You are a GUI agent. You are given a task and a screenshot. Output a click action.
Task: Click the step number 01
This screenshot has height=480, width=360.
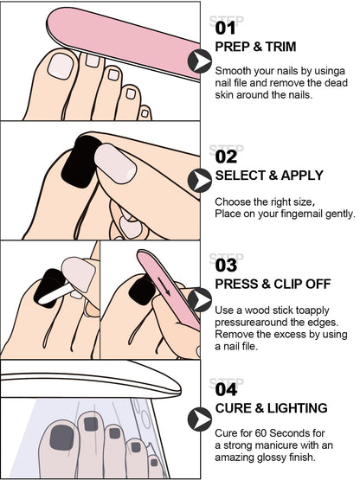225,28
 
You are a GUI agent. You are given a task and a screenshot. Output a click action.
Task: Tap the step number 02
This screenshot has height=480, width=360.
226,157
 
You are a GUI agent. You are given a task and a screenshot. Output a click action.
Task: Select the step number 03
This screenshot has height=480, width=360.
226,266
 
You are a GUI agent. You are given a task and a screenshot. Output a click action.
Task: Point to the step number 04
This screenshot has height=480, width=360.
226,390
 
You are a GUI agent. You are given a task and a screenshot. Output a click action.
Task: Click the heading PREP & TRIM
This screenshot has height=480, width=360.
255,47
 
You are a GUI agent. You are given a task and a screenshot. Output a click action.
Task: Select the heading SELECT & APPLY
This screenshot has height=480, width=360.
269,176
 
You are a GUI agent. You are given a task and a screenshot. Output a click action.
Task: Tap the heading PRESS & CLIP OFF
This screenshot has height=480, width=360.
273,284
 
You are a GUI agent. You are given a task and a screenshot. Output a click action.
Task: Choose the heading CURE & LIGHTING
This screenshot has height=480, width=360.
271,408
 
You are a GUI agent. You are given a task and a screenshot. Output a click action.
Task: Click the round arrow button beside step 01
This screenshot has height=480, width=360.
200,61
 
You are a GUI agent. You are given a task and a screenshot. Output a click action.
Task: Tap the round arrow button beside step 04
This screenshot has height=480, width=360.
200,419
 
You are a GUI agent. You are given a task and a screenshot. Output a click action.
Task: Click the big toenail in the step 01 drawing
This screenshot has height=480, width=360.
61,66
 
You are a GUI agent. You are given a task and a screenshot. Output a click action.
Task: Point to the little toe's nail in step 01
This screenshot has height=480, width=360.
145,113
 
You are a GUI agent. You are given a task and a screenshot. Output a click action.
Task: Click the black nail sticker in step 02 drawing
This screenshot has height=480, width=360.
80,162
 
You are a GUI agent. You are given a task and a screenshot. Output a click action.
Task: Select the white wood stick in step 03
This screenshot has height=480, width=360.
56,294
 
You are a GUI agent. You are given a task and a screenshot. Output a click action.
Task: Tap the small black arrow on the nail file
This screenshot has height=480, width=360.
164,286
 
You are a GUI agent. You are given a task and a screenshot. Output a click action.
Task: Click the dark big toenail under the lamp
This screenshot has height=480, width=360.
62,438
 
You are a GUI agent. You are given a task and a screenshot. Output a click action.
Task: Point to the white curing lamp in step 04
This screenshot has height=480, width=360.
91,380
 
